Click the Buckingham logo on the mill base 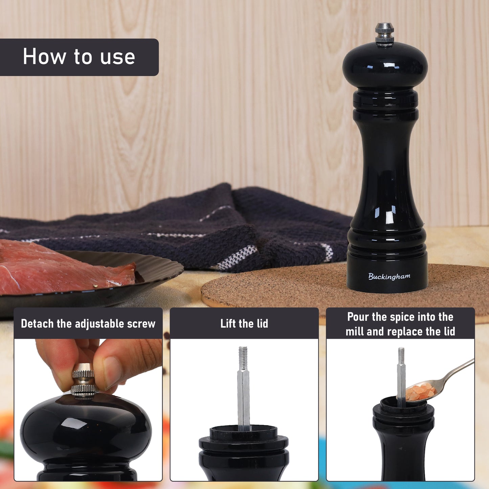point(389,276)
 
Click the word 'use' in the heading point(117,57)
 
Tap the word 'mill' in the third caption point(355,331)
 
